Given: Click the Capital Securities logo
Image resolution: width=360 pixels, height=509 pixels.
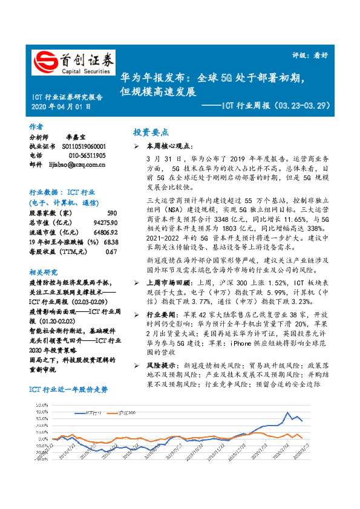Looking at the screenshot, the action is coord(73,62).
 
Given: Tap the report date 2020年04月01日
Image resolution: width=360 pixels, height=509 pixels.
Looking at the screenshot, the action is coord(61,106).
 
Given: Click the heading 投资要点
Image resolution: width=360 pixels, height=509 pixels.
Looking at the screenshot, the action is coord(151,132).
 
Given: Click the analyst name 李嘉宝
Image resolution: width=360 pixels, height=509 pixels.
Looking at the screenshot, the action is coord(75,137).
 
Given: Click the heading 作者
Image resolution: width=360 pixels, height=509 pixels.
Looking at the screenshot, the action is coord(36,127).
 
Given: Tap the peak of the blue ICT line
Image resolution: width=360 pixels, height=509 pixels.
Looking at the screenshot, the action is coord(286,413).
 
